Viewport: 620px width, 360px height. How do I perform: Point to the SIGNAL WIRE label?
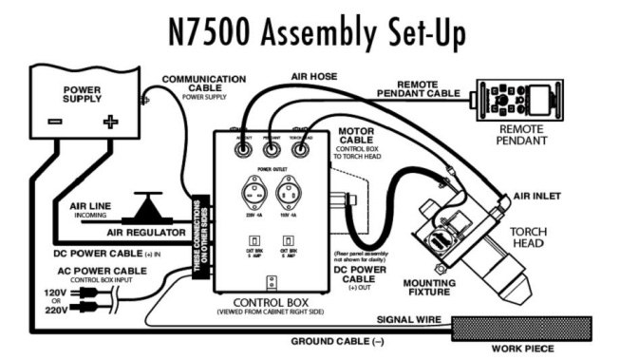click(407, 321)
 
